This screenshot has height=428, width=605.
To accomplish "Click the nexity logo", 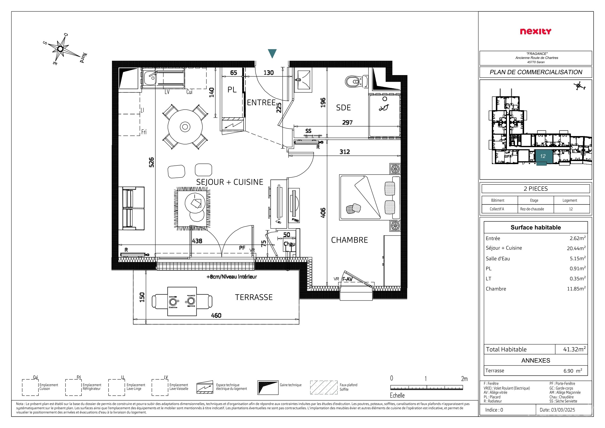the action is [535, 31].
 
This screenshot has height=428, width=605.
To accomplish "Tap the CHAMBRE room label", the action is [349, 240].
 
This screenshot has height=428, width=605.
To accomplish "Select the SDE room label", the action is [343, 108].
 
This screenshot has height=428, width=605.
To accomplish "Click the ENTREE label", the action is [261, 102].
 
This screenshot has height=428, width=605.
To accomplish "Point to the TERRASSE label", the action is [254, 297].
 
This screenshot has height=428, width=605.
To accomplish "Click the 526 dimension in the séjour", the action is [151, 162].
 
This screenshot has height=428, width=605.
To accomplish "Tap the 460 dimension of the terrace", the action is [216, 315].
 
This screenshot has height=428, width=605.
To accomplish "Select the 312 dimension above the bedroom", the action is [345, 152].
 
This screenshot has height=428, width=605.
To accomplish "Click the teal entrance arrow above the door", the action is [272, 53].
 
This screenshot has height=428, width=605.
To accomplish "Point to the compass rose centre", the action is [60, 49].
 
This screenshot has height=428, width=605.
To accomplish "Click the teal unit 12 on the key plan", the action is [543, 157].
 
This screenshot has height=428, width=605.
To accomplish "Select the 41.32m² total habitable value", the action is [574, 349].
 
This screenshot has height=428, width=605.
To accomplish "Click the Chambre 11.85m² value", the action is [576, 288].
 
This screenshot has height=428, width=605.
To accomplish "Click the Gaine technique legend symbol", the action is [268, 387].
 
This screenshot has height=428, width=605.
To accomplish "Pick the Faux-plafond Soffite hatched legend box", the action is [324, 387].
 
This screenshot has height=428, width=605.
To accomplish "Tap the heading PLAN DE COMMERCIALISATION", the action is [536, 72].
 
